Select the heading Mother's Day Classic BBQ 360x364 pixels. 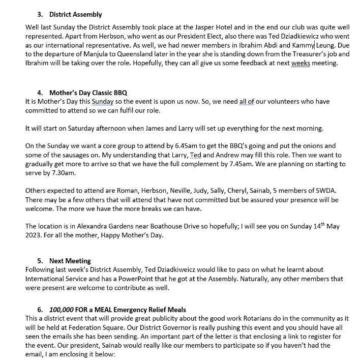tap(88, 93)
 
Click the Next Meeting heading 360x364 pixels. tap(70, 261)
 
